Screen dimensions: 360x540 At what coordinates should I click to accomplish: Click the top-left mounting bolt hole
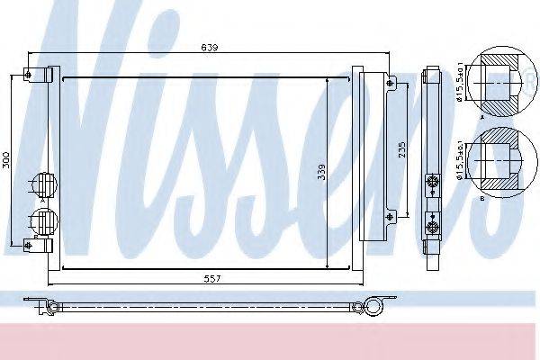(29, 74)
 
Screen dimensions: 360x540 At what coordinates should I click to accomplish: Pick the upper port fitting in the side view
(433, 182)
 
